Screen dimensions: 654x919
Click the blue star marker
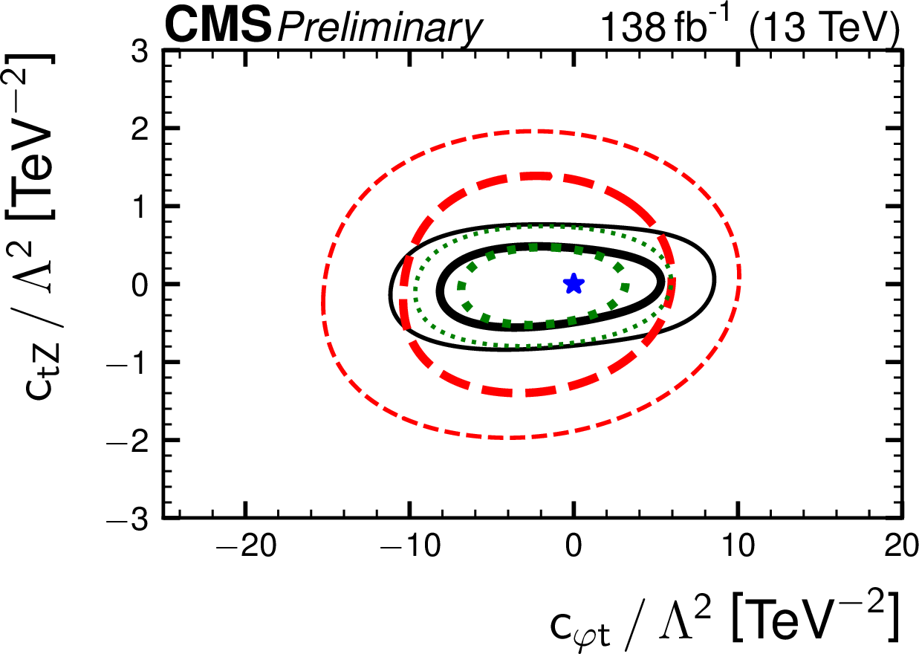point(574,283)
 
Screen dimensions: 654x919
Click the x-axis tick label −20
point(245,548)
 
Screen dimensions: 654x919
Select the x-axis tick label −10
point(409,548)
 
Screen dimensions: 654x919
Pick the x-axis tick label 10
point(738,548)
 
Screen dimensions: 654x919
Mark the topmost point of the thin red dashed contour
point(529,131)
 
